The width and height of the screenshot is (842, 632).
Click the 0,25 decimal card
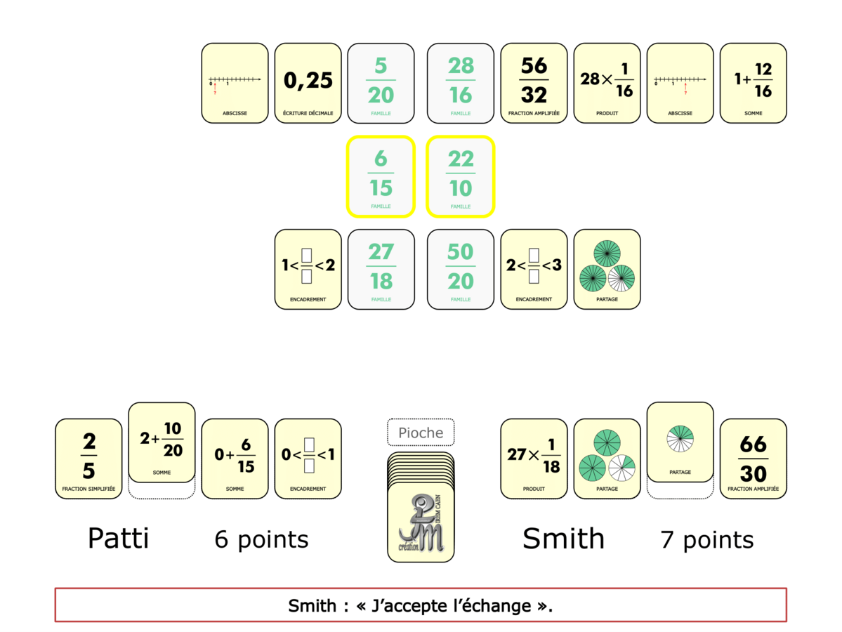tap(308, 83)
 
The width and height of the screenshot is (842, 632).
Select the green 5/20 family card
tap(381, 83)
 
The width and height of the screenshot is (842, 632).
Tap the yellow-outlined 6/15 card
tap(381, 176)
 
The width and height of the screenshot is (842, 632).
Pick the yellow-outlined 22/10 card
tap(461, 176)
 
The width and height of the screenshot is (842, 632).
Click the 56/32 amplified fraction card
tap(534, 83)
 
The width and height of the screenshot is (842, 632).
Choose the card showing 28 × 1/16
tap(607, 83)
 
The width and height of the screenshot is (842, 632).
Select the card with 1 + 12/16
tap(753, 83)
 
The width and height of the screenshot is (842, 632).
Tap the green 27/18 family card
tap(381, 269)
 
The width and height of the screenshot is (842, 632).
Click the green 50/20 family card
tap(461, 269)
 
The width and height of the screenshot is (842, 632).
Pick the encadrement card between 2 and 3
tap(534, 269)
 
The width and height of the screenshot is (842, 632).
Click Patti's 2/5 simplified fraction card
tap(88, 459)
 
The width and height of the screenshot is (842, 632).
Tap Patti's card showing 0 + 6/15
tap(235, 459)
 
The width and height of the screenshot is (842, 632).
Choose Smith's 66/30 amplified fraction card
tap(753, 459)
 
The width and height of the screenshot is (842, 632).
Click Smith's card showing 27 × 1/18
tap(534, 459)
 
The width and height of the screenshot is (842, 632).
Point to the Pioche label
tap(421, 433)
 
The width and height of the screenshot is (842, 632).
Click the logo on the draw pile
tap(421, 523)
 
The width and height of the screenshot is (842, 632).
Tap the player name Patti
tap(118, 539)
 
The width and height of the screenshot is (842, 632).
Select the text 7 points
tap(706, 539)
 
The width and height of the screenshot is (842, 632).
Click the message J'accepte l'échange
tap(421, 605)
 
